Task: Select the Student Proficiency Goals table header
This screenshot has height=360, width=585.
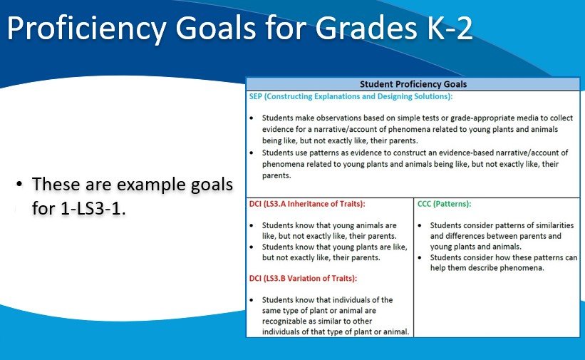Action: [x=413, y=84]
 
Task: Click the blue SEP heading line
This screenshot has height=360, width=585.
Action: [x=351, y=96]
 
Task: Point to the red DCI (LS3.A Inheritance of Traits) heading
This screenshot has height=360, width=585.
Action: [x=306, y=204]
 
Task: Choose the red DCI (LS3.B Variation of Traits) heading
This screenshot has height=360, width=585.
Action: [x=303, y=278]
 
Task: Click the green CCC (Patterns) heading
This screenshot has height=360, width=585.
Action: [x=444, y=204]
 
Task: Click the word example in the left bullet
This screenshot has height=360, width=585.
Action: [x=140, y=185]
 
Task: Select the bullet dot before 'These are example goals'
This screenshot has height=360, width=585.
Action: [x=19, y=185]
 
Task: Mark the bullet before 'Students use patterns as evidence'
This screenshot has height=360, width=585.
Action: [x=254, y=153]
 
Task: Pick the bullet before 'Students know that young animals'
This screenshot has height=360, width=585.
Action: [x=254, y=225]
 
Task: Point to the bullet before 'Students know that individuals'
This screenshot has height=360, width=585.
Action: [x=254, y=300]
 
